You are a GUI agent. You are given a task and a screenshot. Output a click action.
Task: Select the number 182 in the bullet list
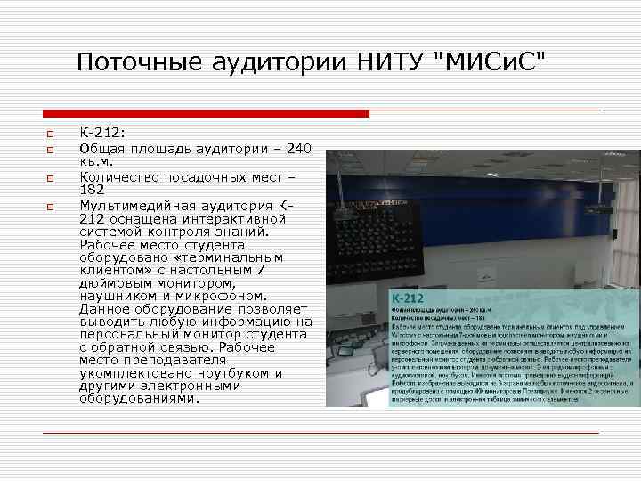click(93, 191)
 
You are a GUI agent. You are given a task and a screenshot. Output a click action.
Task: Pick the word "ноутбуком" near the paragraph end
click(231, 373)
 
